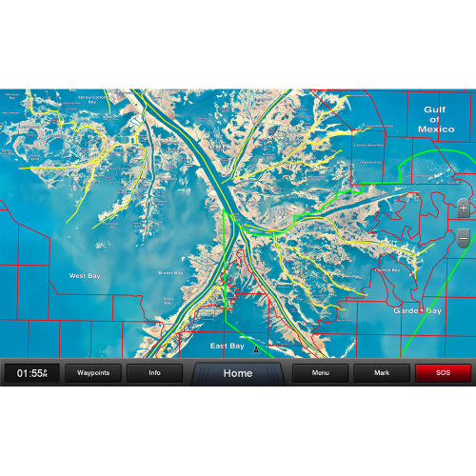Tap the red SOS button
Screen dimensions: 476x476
pyautogui.click(x=443, y=373)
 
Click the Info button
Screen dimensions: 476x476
pyautogui.click(x=154, y=373)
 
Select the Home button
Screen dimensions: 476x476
pyautogui.click(x=238, y=373)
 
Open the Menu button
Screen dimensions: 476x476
pyautogui.click(x=320, y=373)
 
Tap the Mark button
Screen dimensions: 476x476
pyautogui.click(x=381, y=373)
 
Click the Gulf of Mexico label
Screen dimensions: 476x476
pyautogui.click(x=436, y=119)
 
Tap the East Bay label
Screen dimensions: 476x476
pyautogui.click(x=227, y=346)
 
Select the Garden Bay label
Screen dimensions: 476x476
pyautogui.click(x=417, y=310)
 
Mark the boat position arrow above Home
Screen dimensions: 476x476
pyautogui.click(x=256, y=349)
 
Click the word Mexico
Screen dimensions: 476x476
pyautogui.click(x=436, y=129)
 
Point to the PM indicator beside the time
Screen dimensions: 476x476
pyautogui.click(x=44, y=375)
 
